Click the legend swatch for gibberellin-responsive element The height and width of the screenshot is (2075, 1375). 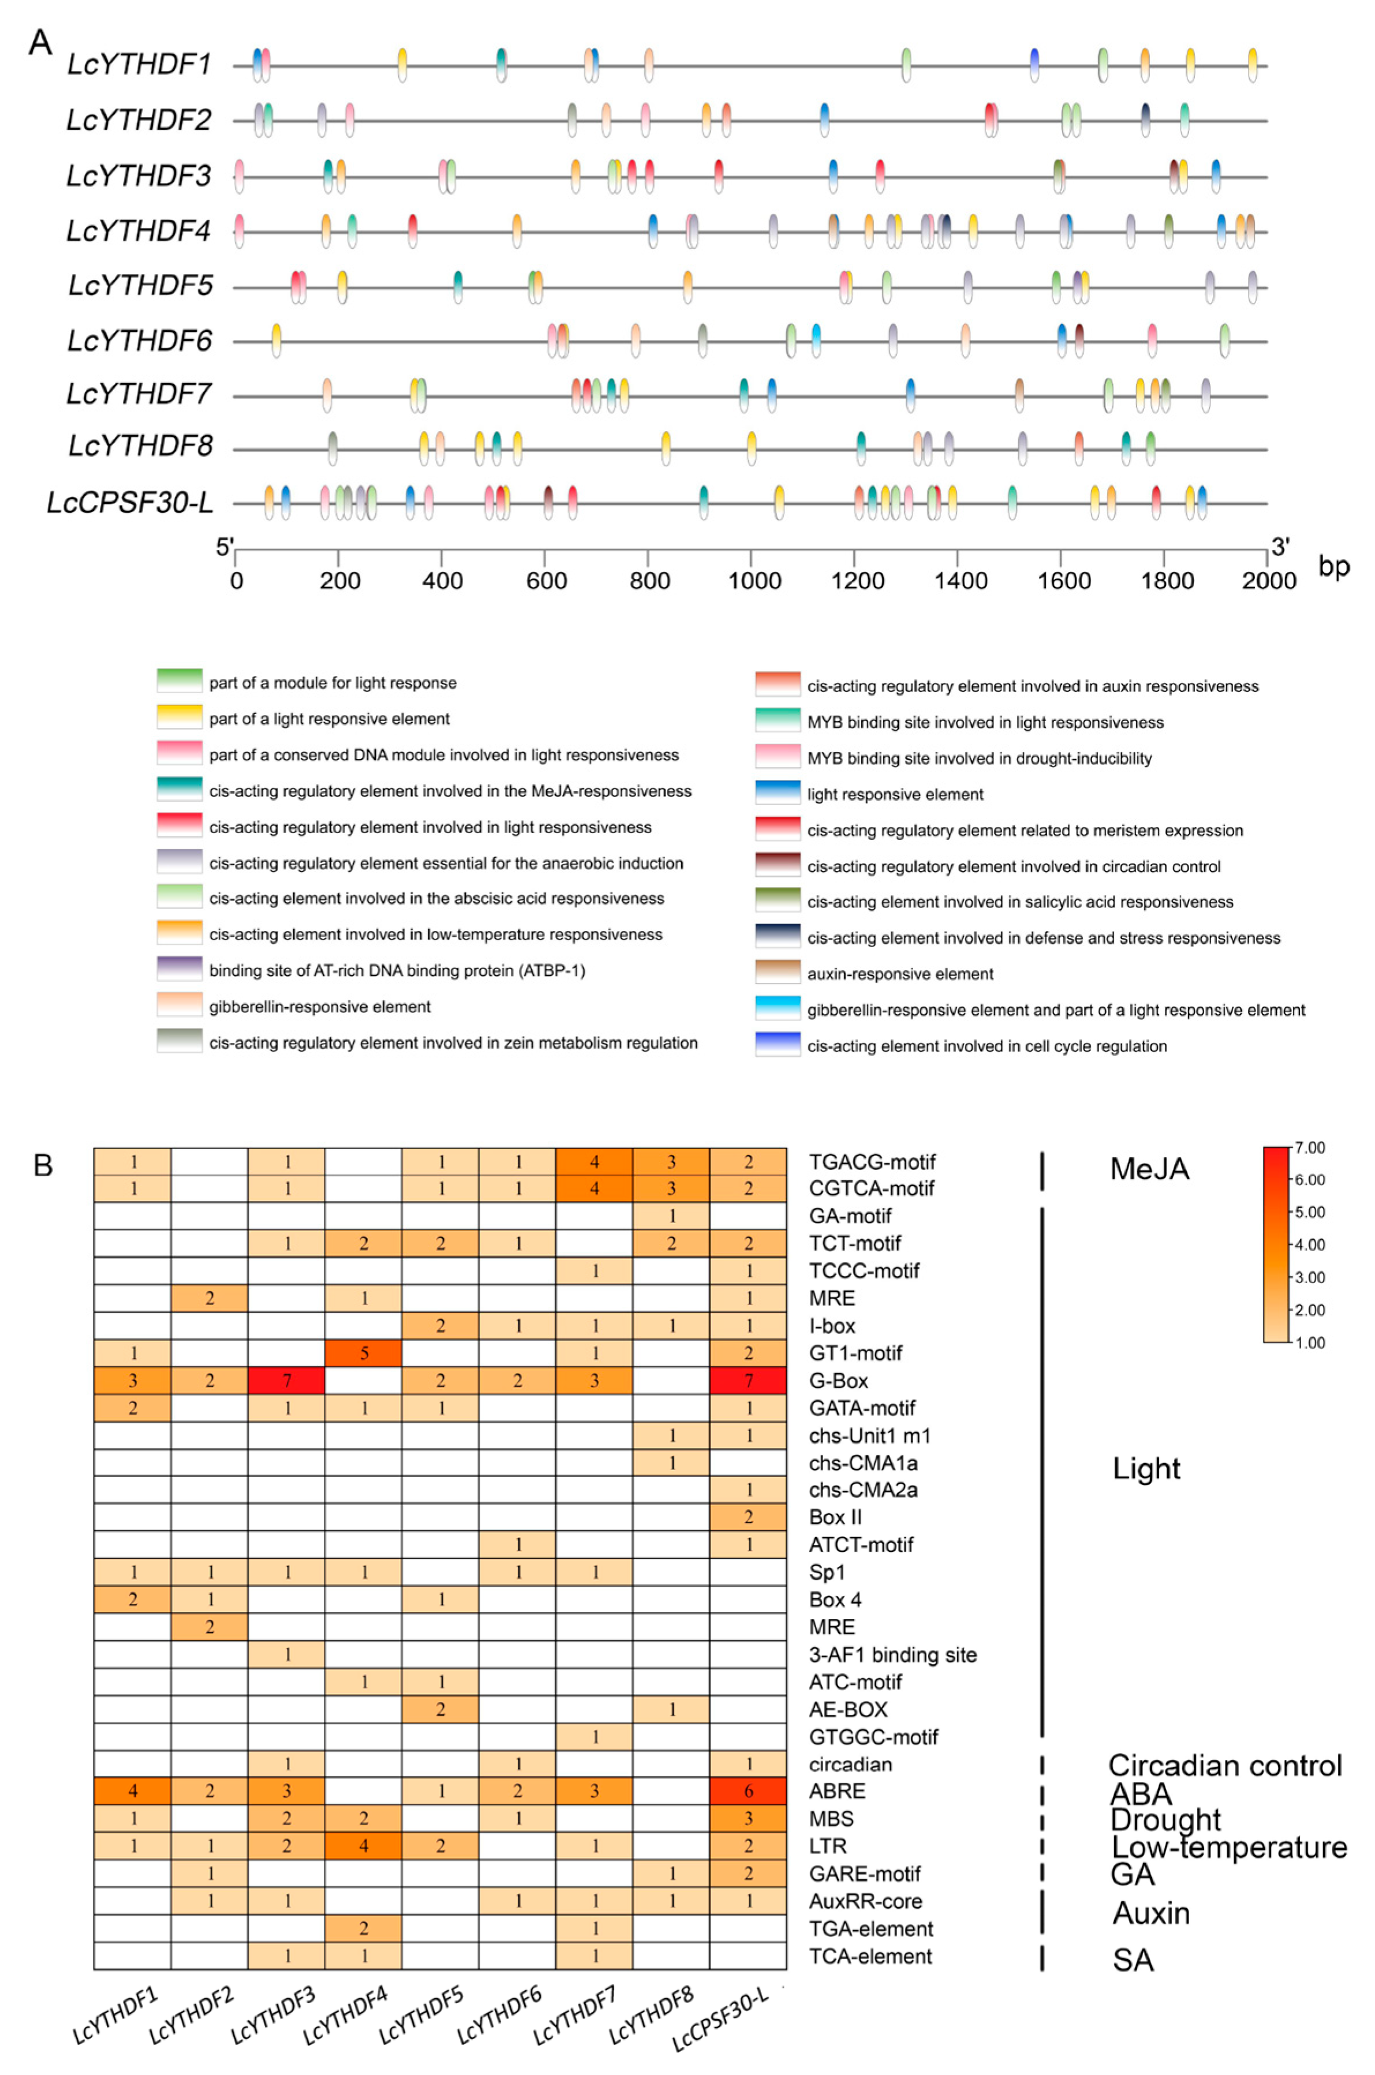(180, 1005)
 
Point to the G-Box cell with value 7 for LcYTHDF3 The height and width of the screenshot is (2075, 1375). (287, 1380)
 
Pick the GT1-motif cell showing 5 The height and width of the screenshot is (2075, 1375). (363, 1353)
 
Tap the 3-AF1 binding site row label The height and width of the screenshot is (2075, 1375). (892, 1654)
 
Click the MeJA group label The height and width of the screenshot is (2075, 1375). (1149, 1169)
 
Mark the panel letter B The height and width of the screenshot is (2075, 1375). (43, 1165)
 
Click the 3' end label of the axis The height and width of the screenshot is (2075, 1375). (1280, 547)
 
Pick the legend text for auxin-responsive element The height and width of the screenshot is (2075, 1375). (900, 974)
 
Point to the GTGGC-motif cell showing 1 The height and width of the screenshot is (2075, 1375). (595, 1737)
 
